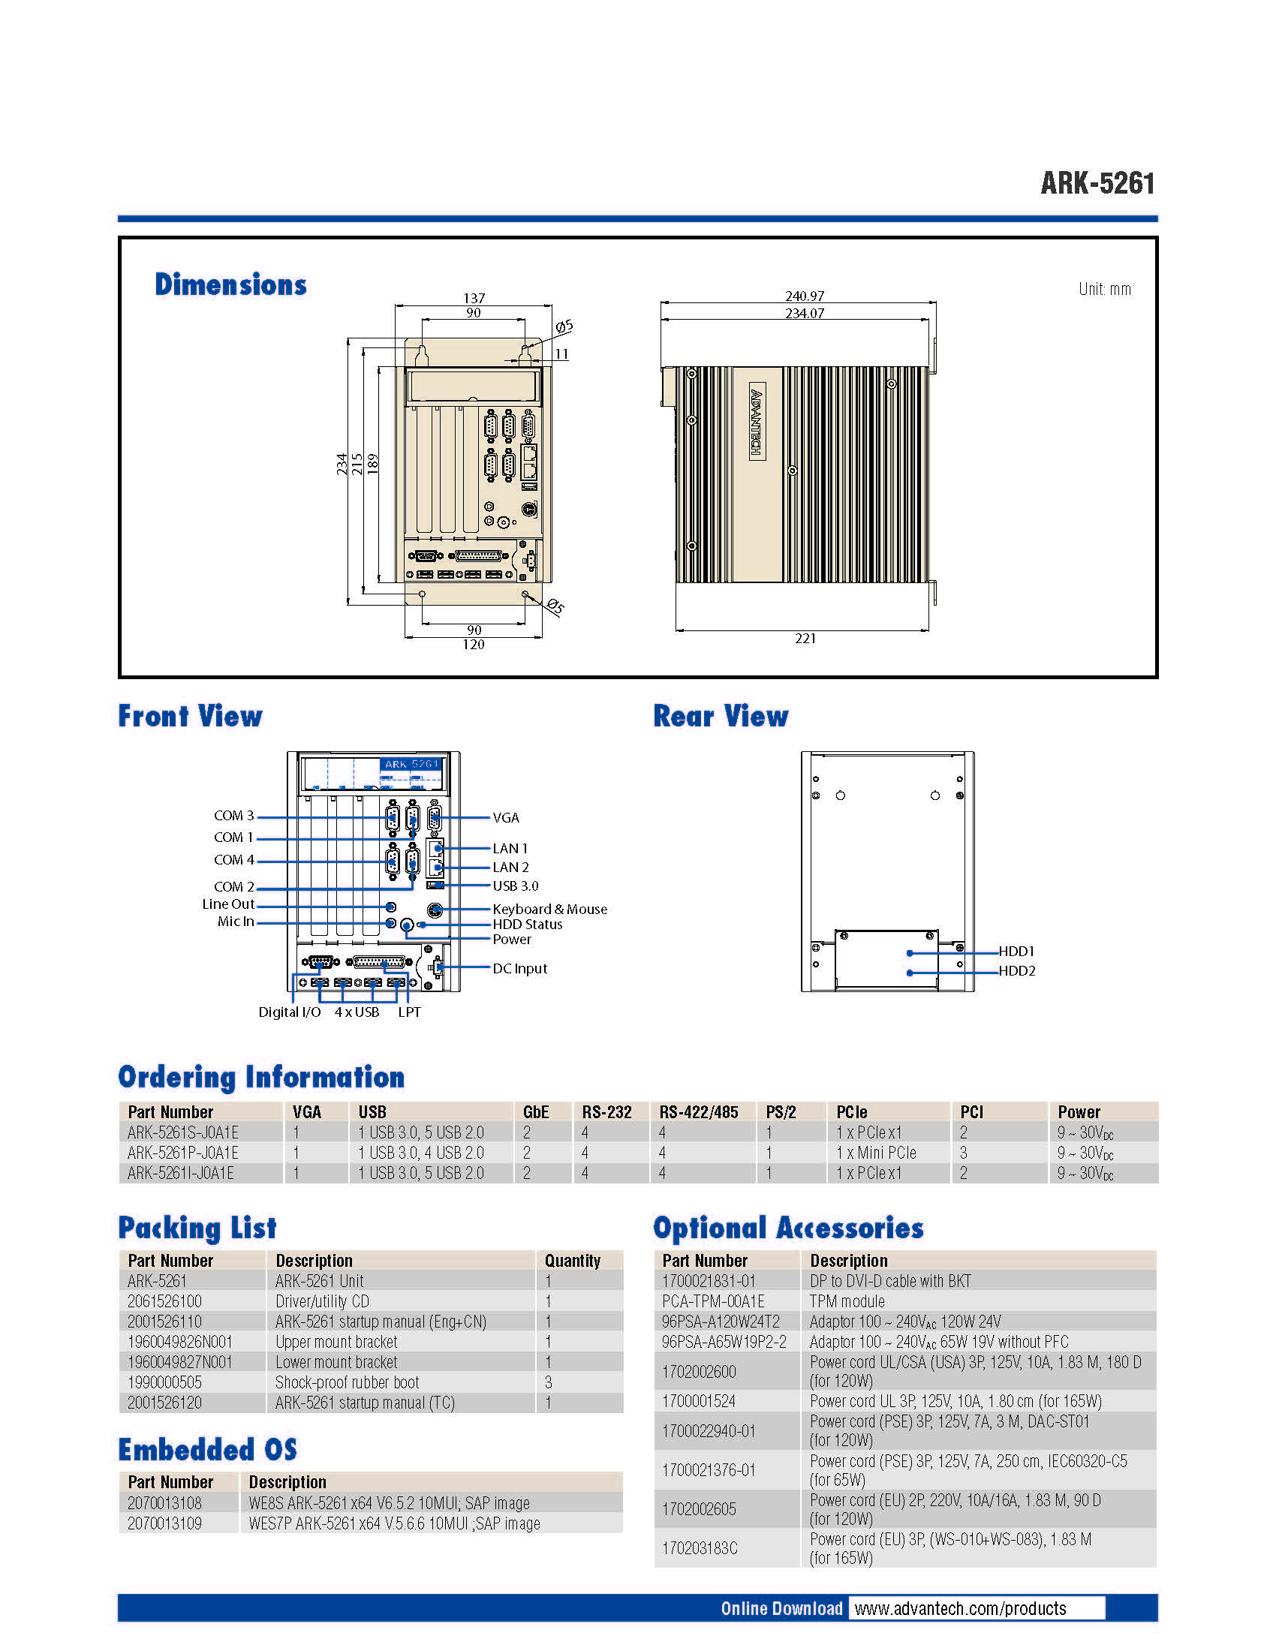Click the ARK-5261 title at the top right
pyautogui.click(x=1097, y=183)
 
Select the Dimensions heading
pyautogui.click(x=230, y=284)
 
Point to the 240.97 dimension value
pyautogui.click(x=805, y=296)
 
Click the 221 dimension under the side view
pyautogui.click(x=805, y=639)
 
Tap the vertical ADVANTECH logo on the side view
pyautogui.click(x=757, y=423)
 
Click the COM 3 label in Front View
pyautogui.click(x=233, y=816)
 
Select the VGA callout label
pyautogui.click(x=506, y=818)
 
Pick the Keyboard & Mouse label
pyautogui.click(x=549, y=910)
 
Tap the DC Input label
pyautogui.click(x=519, y=969)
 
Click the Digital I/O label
pyautogui.click(x=290, y=1012)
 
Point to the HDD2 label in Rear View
pyautogui.click(x=1017, y=971)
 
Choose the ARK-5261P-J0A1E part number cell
pyautogui.click(x=183, y=1153)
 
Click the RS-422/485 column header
pyautogui.click(x=699, y=1112)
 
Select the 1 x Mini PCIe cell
pyautogui.click(x=876, y=1153)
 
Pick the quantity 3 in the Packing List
pyautogui.click(x=549, y=1382)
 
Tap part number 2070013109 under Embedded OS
pyautogui.click(x=165, y=1523)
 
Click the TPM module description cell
pyautogui.click(x=847, y=1301)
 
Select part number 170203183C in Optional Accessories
pyautogui.click(x=700, y=1548)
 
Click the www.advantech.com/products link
pyautogui.click(x=960, y=1609)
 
